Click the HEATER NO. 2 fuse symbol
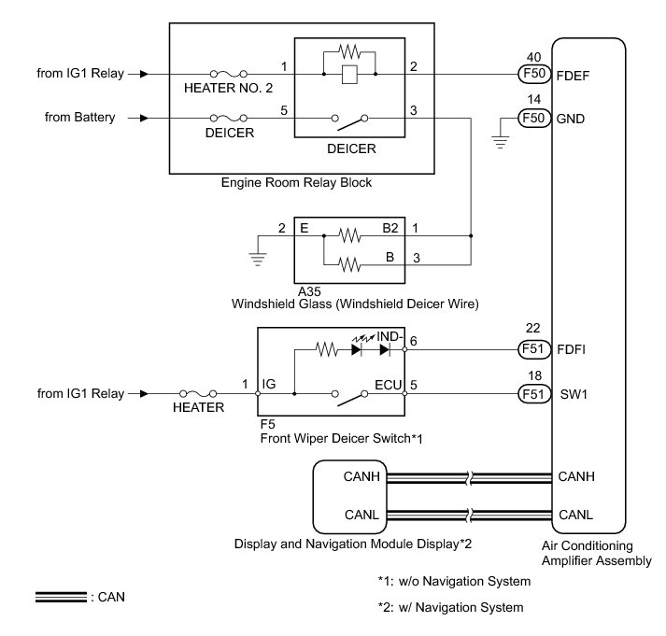(x=230, y=72)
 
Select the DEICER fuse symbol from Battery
(x=230, y=119)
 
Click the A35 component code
(x=309, y=291)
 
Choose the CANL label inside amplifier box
(x=575, y=515)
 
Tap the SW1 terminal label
(x=572, y=394)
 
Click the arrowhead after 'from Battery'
(x=143, y=119)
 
